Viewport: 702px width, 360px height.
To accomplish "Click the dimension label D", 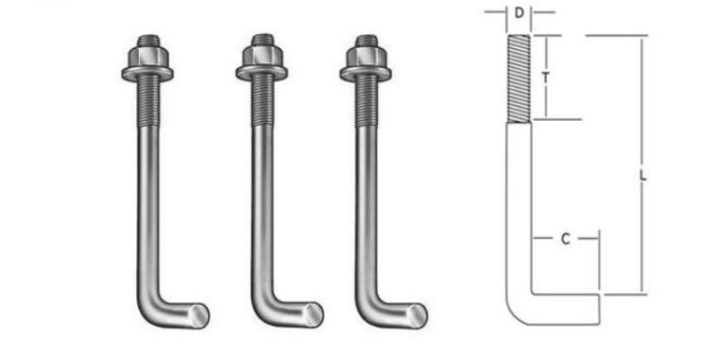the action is coord(519,13).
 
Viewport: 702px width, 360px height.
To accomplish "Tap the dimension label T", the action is coord(545,77).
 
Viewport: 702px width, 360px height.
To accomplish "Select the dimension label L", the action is coord(642,176).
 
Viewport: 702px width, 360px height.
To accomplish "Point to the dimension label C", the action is coord(565,239).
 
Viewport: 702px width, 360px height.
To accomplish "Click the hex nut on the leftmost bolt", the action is coord(147,57).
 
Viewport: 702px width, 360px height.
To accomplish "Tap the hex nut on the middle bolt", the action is coord(262,56).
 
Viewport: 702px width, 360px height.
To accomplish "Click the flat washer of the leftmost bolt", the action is coord(147,74).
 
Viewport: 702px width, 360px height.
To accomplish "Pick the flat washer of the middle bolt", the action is coord(262,73).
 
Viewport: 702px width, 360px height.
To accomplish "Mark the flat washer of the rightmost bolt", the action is coord(366,73).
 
